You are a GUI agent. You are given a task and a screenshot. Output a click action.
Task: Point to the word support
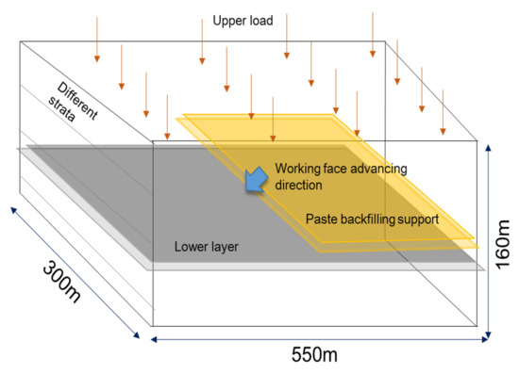427,219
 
